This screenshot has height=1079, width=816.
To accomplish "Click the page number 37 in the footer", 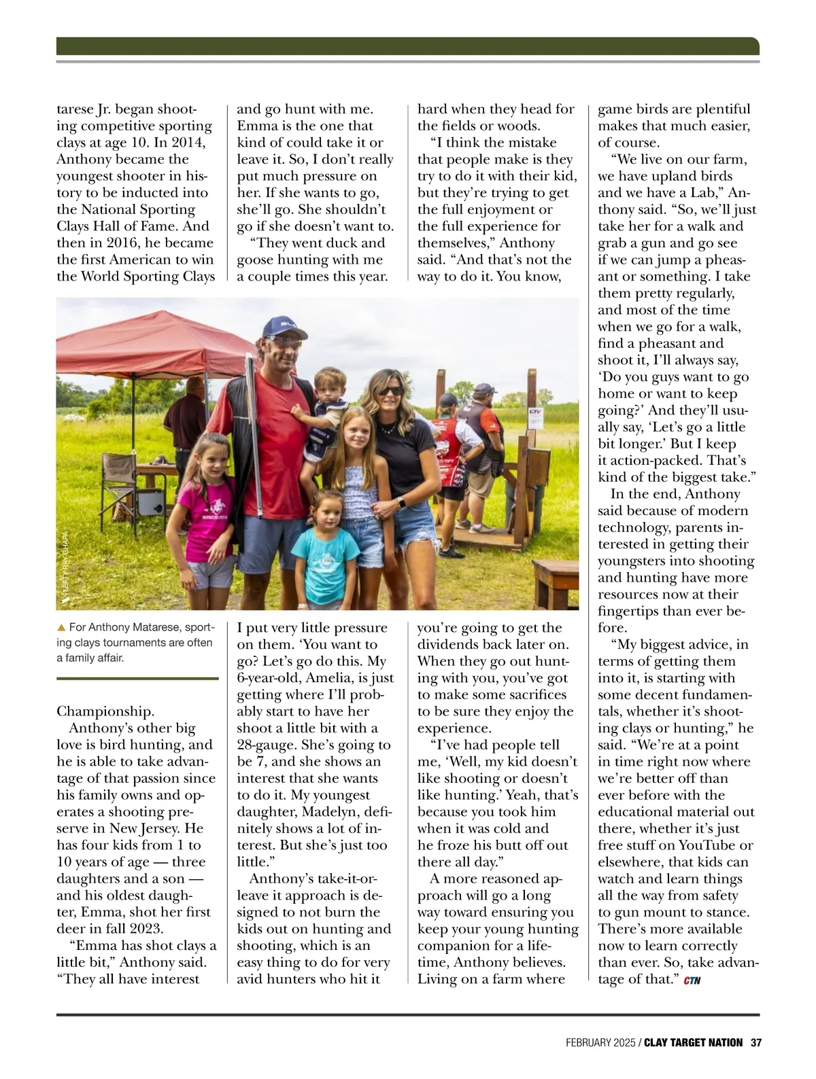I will tap(756, 1042).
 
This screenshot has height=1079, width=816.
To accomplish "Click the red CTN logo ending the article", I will tap(692, 980).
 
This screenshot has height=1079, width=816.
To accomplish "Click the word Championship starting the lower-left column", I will tap(105, 711).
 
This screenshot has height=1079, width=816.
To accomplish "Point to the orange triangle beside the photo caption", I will tap(61, 627).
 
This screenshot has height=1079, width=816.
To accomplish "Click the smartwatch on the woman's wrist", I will tap(401, 503).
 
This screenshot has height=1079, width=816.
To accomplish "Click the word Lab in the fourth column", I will tap(709, 192).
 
